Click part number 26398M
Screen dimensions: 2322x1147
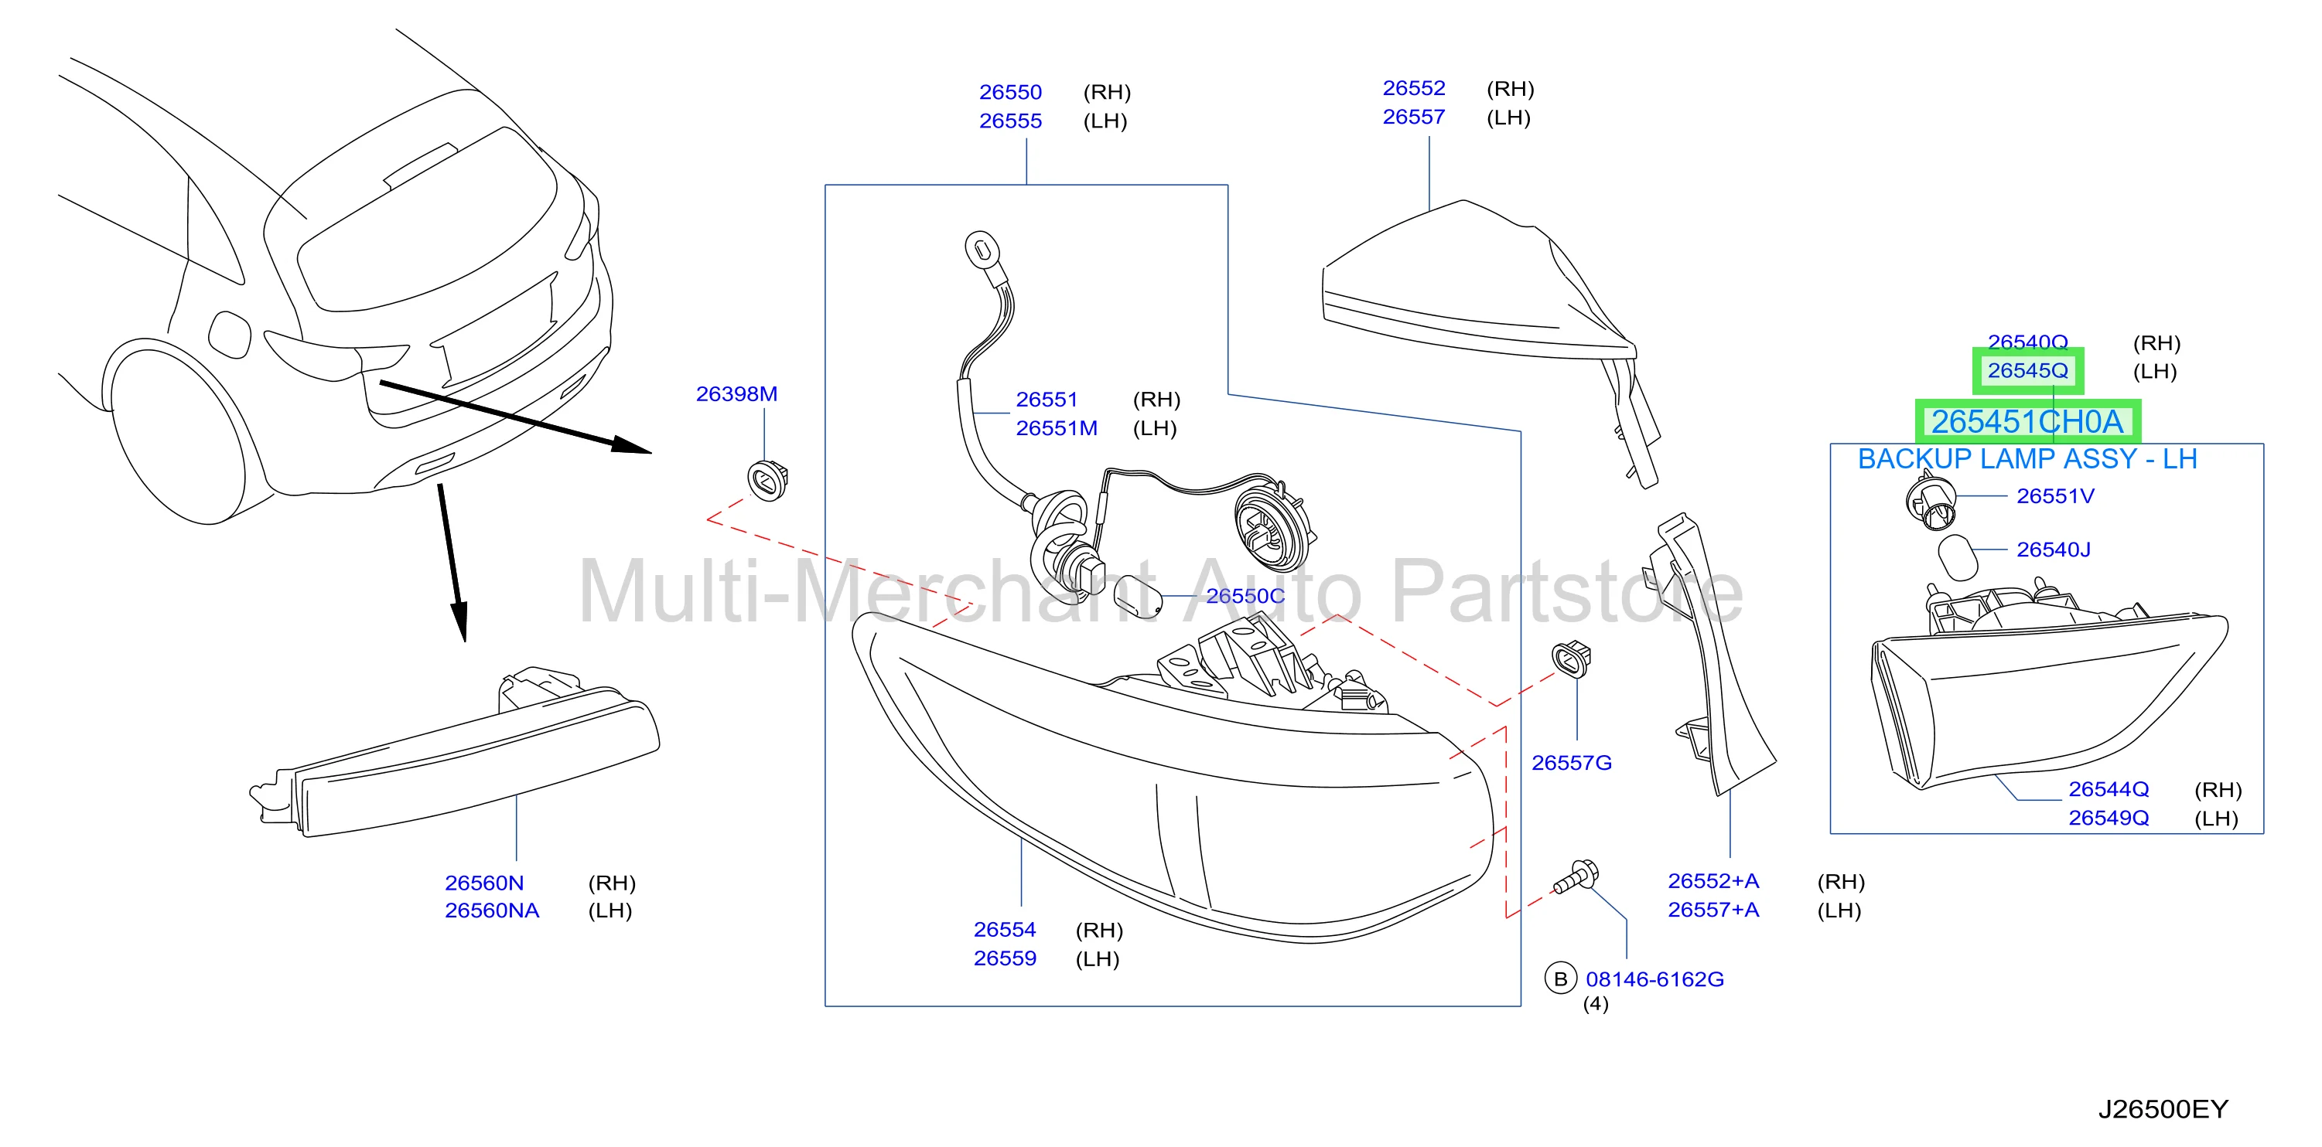736,393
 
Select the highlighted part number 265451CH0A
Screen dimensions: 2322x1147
2027,422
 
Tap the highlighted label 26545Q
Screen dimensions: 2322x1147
2028,370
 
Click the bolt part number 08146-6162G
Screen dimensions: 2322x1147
1655,979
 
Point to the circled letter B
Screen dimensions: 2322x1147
1560,979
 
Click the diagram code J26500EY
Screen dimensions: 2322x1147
2163,1109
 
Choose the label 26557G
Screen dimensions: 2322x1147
1572,763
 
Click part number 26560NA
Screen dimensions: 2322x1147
492,911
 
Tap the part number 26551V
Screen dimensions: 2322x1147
2056,496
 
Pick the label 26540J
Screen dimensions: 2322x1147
2054,550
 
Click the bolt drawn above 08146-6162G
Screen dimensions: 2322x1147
1576,876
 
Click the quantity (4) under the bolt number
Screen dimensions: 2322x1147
1596,1004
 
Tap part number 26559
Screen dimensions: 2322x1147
1005,958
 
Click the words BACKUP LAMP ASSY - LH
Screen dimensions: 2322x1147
2027,460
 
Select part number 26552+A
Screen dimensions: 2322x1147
1713,881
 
